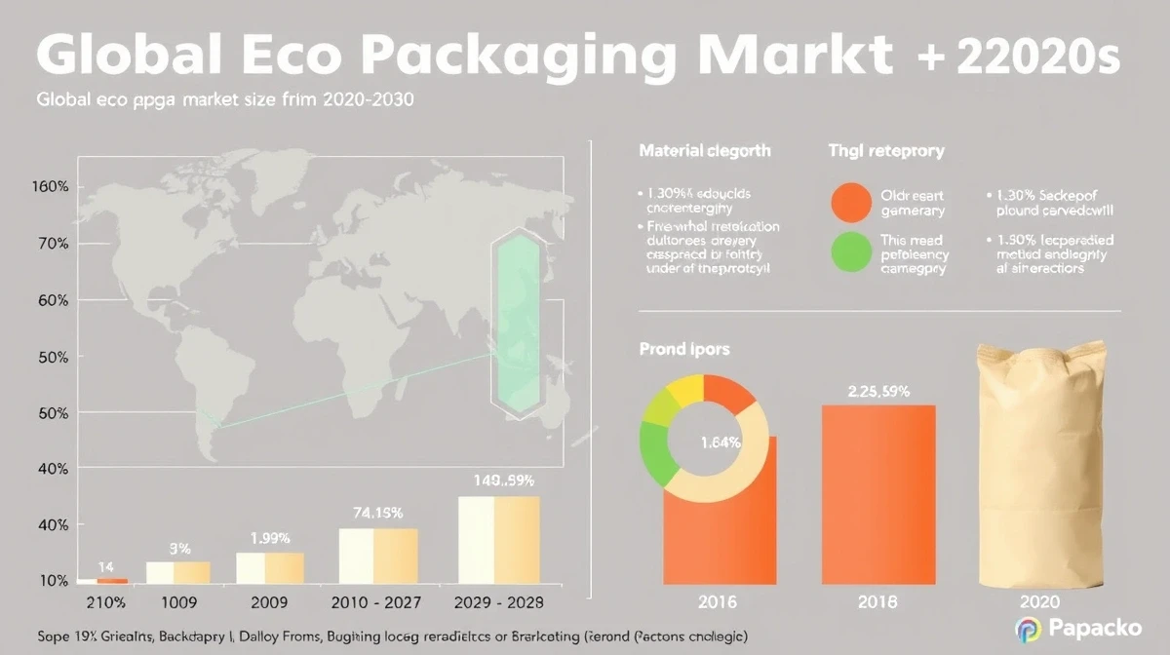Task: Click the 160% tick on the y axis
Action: coord(49,186)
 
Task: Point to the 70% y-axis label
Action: coord(52,244)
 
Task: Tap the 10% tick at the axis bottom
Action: coord(52,581)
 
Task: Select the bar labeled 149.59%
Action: coord(498,539)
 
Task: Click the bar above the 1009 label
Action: coord(177,572)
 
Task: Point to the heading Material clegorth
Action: coord(704,151)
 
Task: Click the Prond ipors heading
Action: coord(683,348)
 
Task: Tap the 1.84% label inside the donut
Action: coord(721,442)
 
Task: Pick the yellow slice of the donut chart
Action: coord(683,389)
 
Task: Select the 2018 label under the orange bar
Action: coord(878,602)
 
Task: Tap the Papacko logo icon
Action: coord(1029,629)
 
